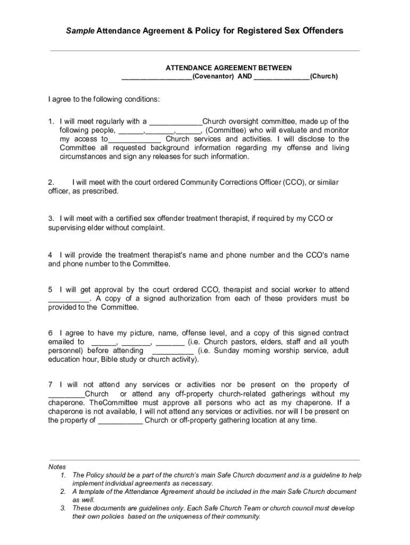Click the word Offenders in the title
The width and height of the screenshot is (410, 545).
point(317,31)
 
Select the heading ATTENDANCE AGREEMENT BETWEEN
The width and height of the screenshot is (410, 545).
point(228,68)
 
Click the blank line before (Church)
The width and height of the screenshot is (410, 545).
point(282,76)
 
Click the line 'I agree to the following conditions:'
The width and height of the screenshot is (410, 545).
point(104,99)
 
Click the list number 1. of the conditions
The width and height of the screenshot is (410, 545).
point(52,121)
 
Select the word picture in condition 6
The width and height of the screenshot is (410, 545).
point(137,333)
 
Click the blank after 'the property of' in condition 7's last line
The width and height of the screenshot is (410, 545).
point(120,420)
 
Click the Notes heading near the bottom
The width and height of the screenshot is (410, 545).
point(57,466)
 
